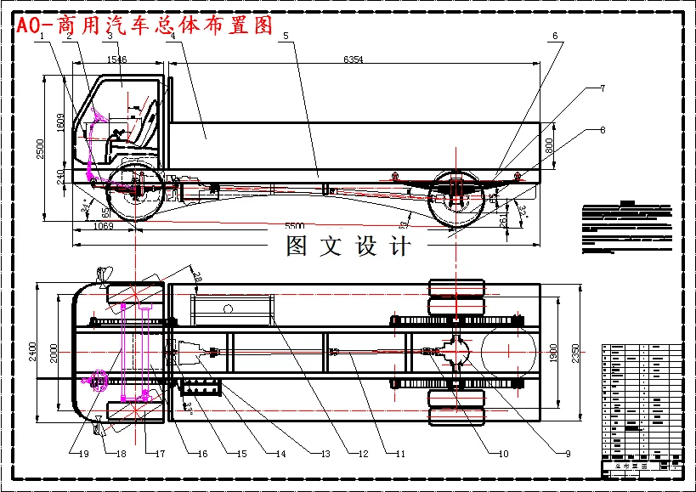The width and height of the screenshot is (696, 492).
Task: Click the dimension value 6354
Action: tap(353, 59)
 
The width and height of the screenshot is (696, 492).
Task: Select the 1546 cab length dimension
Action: tap(118, 59)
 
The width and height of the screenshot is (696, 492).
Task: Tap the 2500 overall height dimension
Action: tap(39, 149)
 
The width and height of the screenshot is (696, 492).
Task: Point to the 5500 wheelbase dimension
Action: tap(294, 227)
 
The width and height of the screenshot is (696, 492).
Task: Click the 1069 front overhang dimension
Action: tap(103, 227)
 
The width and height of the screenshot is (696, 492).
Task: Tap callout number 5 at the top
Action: tap(286, 36)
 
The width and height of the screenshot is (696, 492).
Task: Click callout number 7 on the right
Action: tap(602, 88)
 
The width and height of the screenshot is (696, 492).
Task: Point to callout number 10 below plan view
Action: tap(503, 454)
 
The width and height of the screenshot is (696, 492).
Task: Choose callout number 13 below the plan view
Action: tap(325, 454)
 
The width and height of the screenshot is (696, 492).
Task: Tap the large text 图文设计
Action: tap(348, 246)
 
